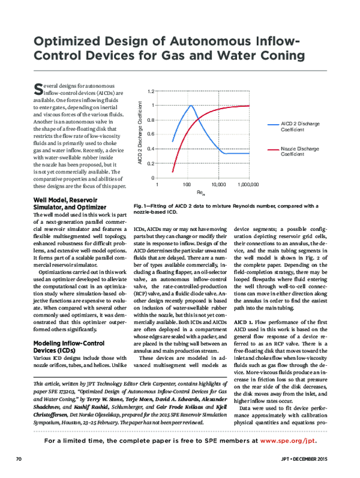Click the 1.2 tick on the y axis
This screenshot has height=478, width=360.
tap(150, 91)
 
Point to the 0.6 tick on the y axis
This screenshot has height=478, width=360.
tap(150, 134)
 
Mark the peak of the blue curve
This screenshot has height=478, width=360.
tap(190, 106)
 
